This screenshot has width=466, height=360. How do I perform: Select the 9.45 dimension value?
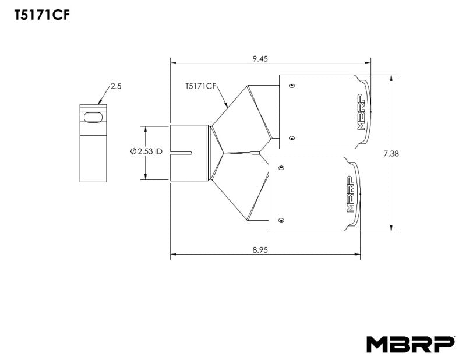[x=260, y=58]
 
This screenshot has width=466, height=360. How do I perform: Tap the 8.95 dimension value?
[x=260, y=249]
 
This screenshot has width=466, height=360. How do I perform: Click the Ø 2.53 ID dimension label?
[x=146, y=151]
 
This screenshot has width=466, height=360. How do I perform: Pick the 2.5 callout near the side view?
[x=115, y=86]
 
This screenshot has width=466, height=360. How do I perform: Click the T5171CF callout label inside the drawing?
[x=200, y=86]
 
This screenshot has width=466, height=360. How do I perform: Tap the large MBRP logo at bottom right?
[x=409, y=344]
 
